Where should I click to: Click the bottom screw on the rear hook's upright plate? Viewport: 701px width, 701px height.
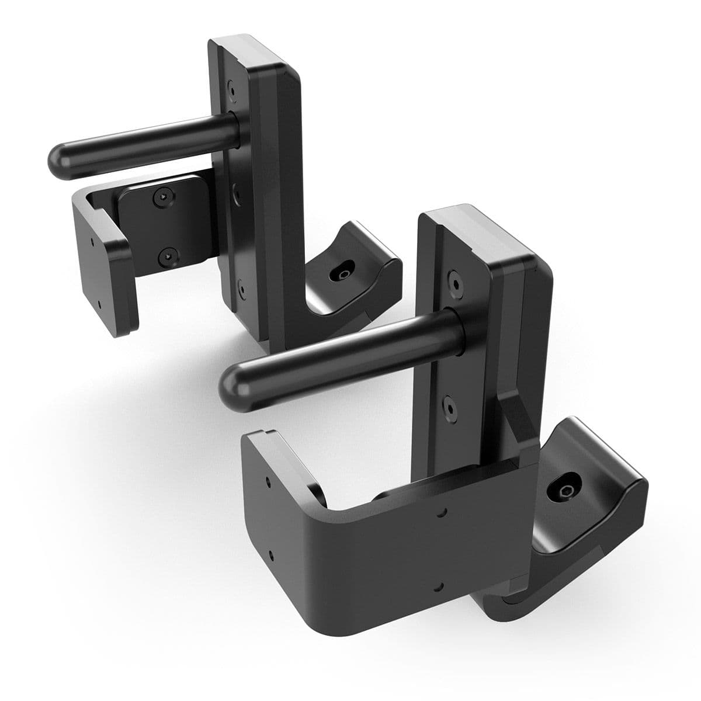pos(240,286)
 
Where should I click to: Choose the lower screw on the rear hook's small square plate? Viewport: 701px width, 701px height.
pos(168,255)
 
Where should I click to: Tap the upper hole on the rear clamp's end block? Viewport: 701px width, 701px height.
pos(91,239)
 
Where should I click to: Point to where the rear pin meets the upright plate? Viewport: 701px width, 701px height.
pos(234,125)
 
